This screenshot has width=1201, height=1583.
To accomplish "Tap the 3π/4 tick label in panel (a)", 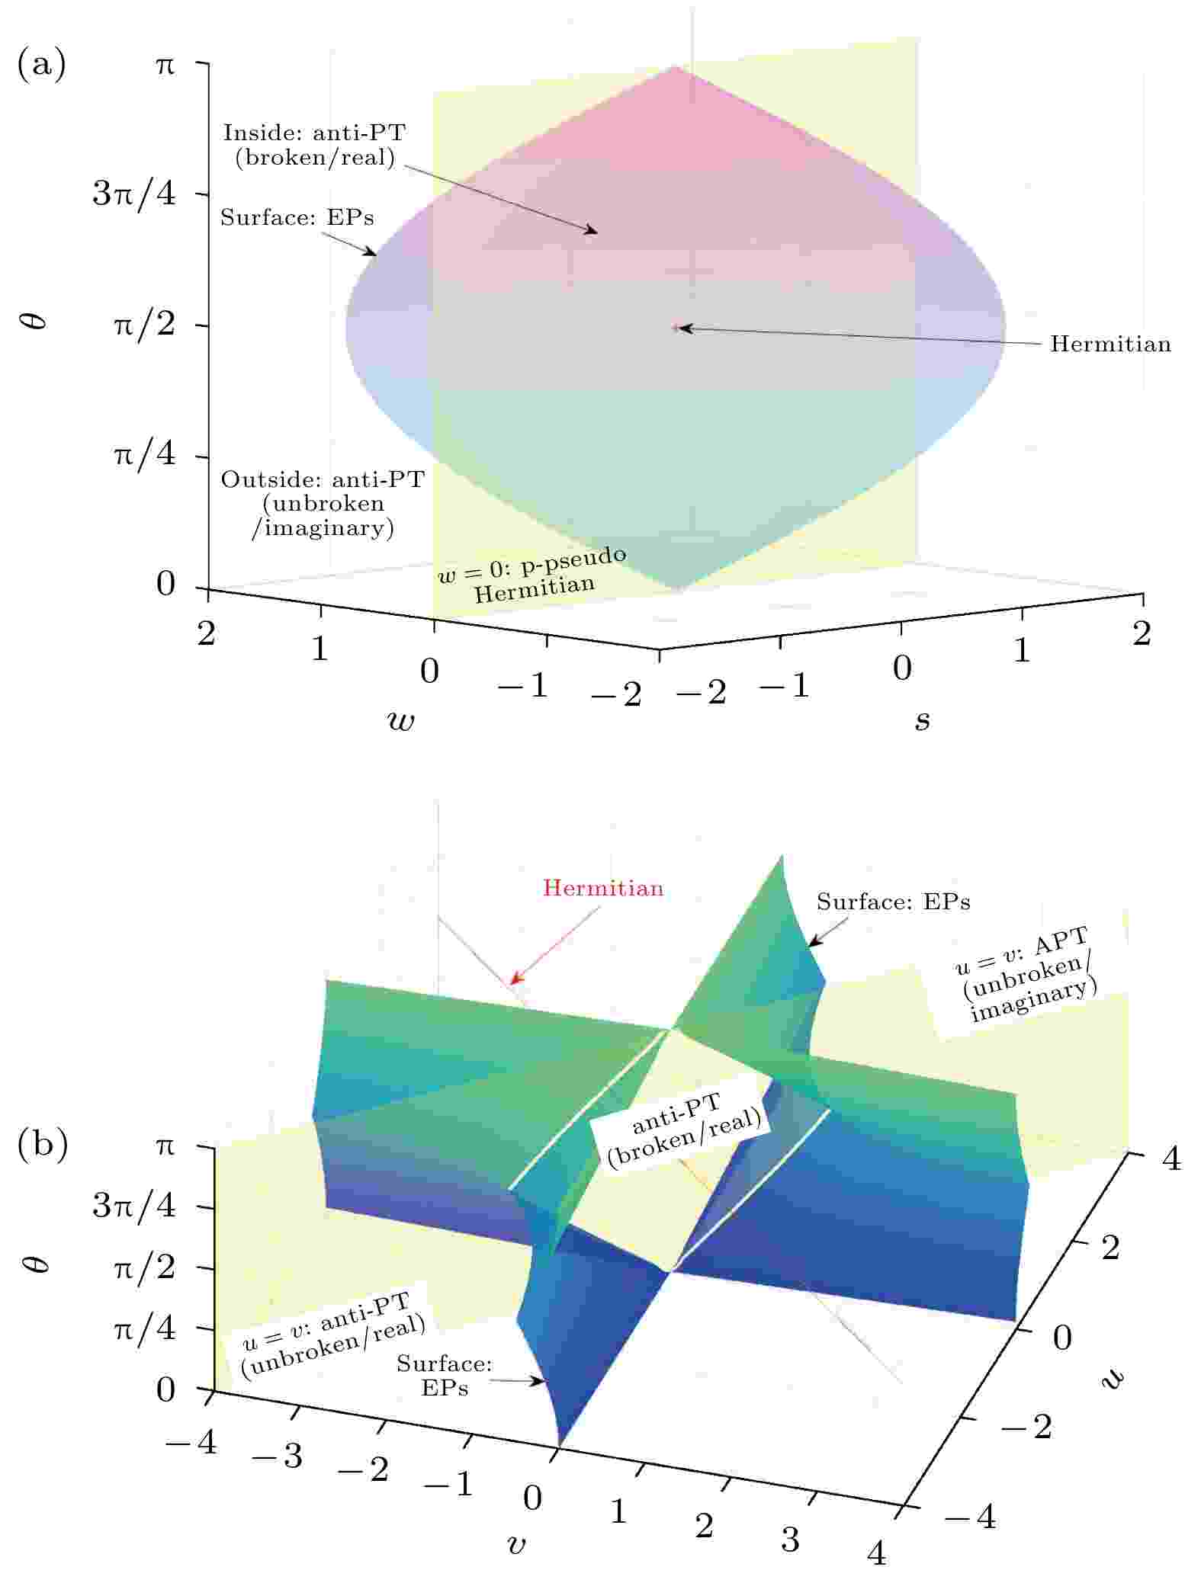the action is click(x=134, y=194).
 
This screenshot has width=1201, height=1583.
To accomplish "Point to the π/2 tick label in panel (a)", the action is click(x=145, y=326).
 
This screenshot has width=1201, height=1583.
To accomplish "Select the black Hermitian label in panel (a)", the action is click(x=1110, y=344).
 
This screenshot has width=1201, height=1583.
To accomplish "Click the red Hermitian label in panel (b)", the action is click(x=603, y=888).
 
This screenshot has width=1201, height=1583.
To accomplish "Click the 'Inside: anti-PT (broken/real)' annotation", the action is click(x=314, y=146).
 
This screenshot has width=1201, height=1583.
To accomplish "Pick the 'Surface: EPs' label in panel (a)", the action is click(x=297, y=218).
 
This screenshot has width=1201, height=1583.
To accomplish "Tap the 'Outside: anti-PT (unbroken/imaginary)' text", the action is click(x=323, y=504).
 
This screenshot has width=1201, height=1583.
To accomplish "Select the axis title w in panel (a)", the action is click(x=401, y=720).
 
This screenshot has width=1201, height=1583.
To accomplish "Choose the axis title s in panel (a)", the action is click(x=923, y=720).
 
